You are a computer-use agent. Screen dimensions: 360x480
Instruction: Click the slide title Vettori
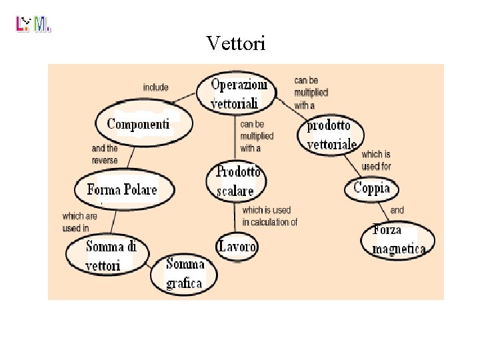pyautogui.click(x=236, y=44)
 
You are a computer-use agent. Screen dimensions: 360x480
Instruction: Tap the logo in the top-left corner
pyautogui.click(x=33, y=25)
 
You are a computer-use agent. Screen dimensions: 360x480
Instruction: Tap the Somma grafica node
pyautogui.click(x=185, y=273)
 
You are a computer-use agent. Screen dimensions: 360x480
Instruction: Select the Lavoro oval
pyautogui.click(x=237, y=247)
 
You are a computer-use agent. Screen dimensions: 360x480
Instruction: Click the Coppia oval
pyautogui.click(x=371, y=188)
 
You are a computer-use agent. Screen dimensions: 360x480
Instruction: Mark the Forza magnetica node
pyautogui.click(x=399, y=240)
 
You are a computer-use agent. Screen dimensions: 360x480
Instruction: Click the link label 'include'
pyautogui.click(x=155, y=87)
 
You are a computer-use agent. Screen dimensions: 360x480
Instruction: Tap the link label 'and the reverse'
pyautogui.click(x=105, y=155)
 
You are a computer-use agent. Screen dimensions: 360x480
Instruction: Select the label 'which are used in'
pyautogui.click(x=77, y=222)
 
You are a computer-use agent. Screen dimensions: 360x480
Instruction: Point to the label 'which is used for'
pyautogui.click(x=376, y=160)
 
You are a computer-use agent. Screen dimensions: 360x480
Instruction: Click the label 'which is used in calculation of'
pyautogui.click(x=269, y=217)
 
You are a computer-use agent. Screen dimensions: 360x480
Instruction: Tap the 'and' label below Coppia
pyautogui.click(x=397, y=210)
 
